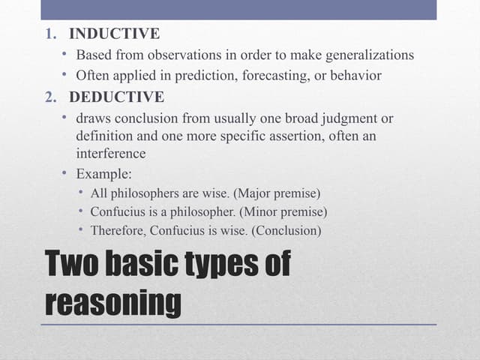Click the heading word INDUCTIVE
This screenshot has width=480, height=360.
click(x=114, y=34)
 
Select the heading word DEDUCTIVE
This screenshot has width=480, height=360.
click(x=116, y=97)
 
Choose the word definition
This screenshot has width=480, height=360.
click(x=103, y=136)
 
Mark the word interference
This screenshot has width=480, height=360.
click(x=111, y=153)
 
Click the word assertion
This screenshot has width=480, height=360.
click(x=301, y=136)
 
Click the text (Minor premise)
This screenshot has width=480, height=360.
click(x=283, y=212)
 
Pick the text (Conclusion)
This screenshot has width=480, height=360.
click(x=287, y=231)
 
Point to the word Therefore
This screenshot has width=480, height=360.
click(x=116, y=231)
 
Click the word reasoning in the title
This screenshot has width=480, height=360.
click(x=113, y=303)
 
